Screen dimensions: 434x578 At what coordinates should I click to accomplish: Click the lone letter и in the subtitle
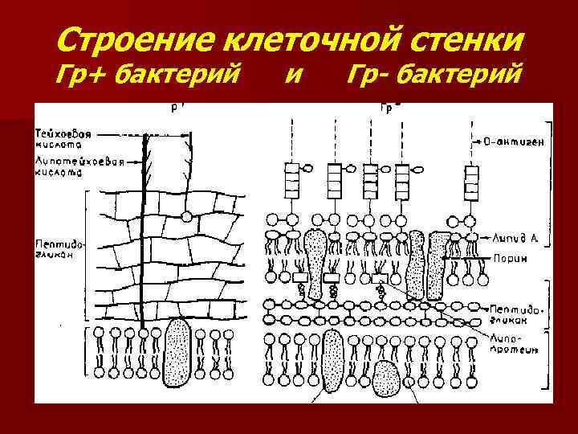point(295,76)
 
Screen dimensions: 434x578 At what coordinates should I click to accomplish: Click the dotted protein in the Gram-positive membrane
point(176,351)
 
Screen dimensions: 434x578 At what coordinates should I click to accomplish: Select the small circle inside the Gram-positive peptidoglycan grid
point(185,216)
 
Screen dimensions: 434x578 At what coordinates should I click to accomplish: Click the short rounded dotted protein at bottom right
point(388,378)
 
